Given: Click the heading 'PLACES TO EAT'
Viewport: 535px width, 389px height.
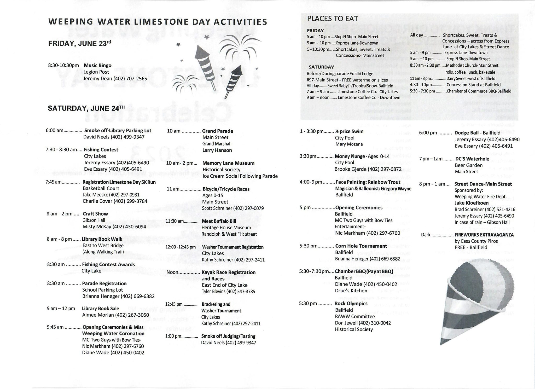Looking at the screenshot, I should (x=332, y=19).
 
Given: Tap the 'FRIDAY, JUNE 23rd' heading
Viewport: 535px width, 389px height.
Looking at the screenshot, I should (x=79, y=43).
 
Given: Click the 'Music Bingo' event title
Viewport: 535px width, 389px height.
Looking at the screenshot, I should (x=97, y=65).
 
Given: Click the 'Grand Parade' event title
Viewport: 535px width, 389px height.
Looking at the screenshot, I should (x=218, y=131).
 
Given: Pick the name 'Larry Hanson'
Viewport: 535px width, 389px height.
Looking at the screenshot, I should (x=217, y=150).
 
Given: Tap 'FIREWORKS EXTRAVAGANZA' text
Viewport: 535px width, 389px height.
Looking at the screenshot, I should (x=484, y=235).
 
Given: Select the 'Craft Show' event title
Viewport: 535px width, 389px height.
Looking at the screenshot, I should (x=95, y=214).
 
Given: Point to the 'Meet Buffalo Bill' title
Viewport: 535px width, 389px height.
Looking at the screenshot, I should (x=219, y=221).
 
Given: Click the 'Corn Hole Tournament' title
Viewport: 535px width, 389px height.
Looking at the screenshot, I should (x=361, y=246).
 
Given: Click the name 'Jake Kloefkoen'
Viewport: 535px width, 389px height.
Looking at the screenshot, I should (x=472, y=203).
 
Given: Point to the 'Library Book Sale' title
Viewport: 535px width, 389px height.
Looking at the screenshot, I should (x=100, y=308).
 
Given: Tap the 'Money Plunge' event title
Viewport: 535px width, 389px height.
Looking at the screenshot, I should (x=350, y=156).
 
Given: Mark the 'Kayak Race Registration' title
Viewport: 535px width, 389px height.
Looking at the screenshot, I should (x=228, y=272).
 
